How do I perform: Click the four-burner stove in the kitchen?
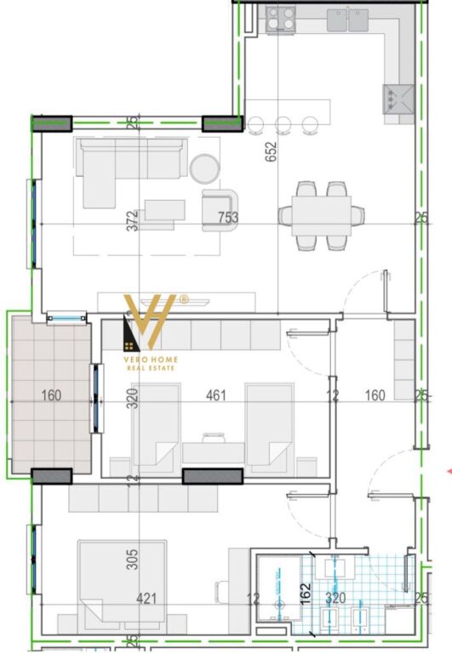tap(279, 20)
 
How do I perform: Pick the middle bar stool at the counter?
tap(284, 124)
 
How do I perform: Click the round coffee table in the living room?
tap(204, 168)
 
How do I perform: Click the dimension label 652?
tap(272, 151)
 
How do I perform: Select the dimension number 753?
tap(228, 218)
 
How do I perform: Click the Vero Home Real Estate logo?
tap(152, 332)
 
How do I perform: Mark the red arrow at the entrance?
tap(449, 468)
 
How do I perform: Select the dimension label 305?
tap(132, 559)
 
